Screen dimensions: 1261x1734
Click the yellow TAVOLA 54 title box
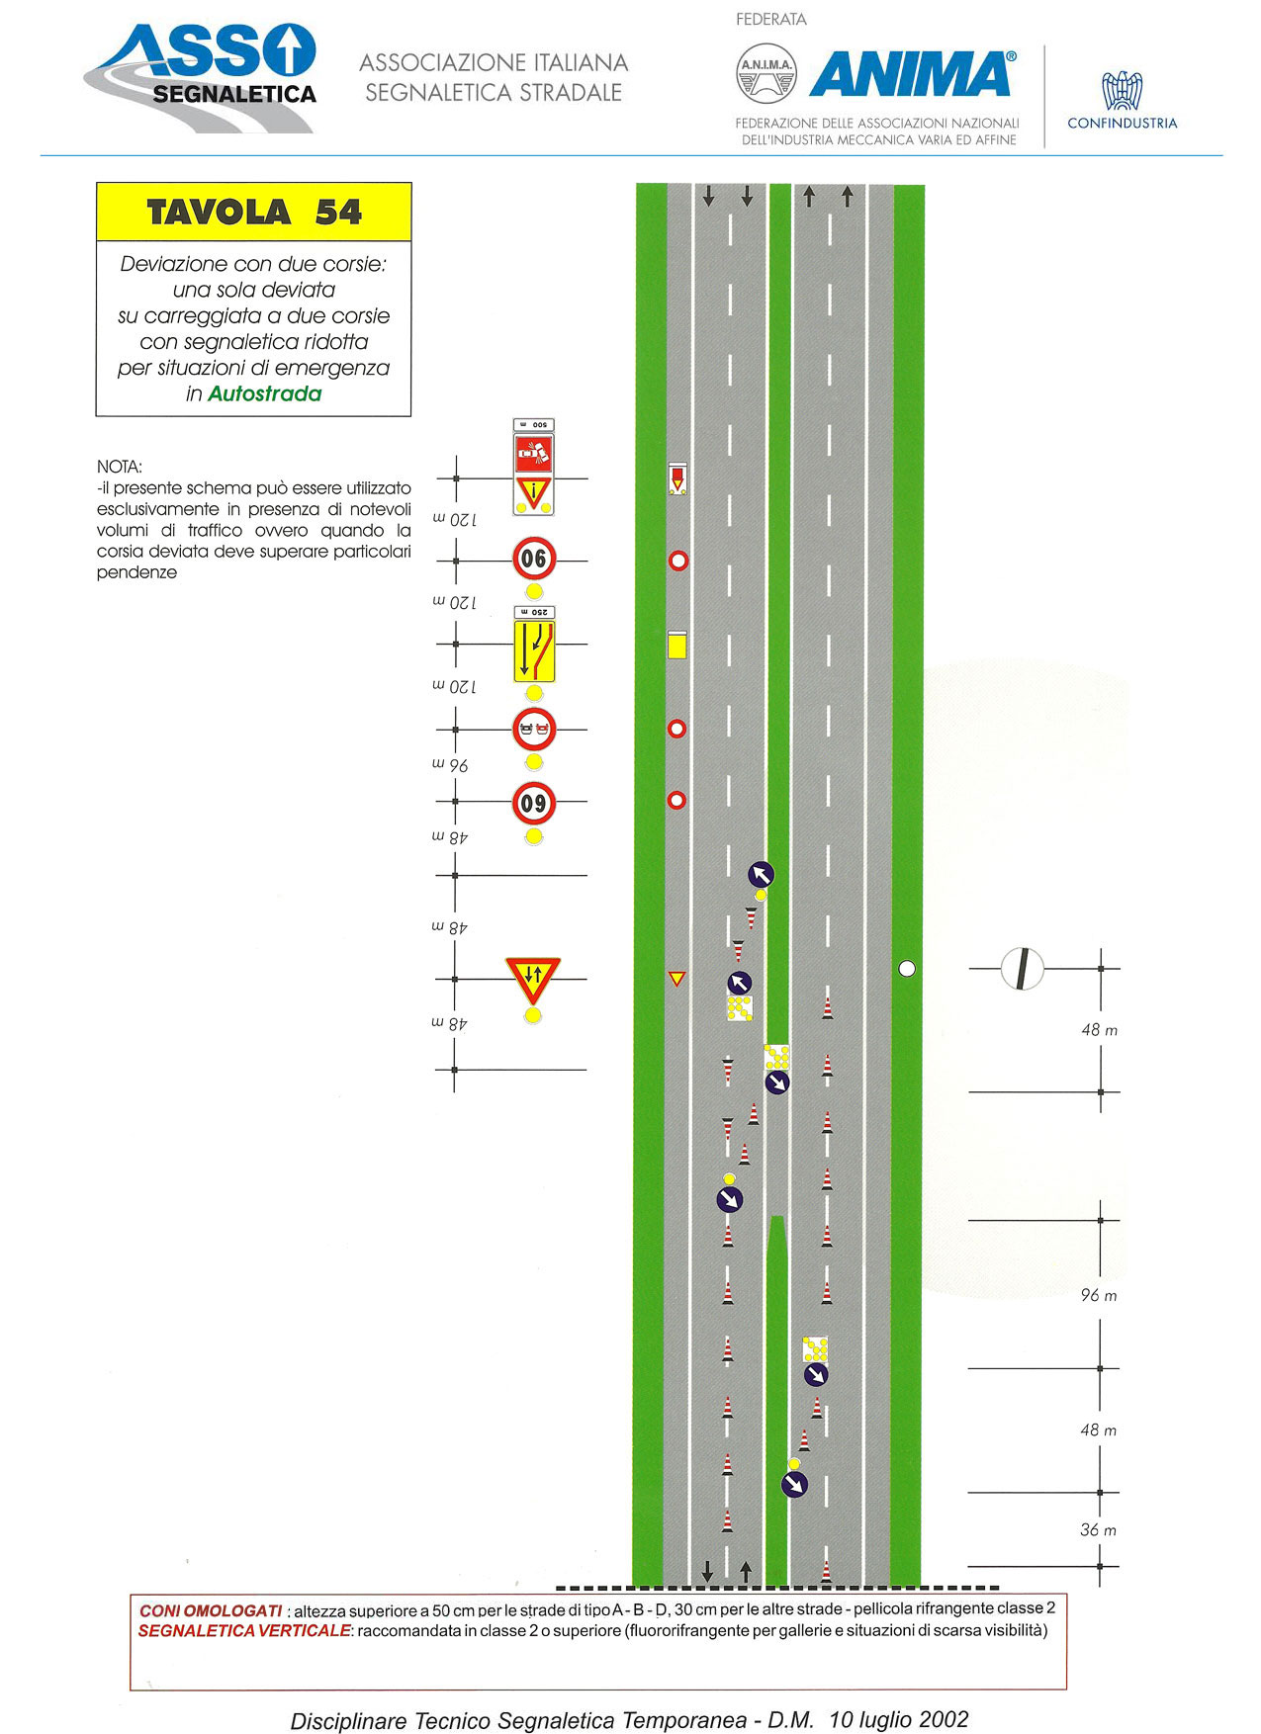pyautogui.click(x=253, y=212)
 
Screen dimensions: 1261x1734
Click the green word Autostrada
pyautogui.click(x=264, y=393)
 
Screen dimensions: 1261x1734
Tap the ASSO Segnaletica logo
pyautogui.click(x=201, y=77)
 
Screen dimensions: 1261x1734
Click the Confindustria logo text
pyautogui.click(x=1122, y=124)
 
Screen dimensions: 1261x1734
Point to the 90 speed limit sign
pyautogui.click(x=534, y=560)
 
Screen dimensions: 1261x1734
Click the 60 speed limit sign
pyautogui.click(x=534, y=804)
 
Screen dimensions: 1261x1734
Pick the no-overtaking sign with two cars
pyautogui.click(x=534, y=731)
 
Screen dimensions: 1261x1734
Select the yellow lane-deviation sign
pyautogui.click(x=534, y=650)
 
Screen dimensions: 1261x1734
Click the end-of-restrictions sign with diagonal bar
pyautogui.click(x=1023, y=969)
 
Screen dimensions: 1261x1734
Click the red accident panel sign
pyautogui.click(x=534, y=455)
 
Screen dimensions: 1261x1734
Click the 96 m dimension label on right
pyautogui.click(x=1099, y=1295)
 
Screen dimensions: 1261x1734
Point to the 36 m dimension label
pyautogui.click(x=1099, y=1529)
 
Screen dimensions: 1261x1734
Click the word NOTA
pyautogui.click(x=120, y=467)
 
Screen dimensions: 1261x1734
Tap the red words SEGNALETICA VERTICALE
pyautogui.click(x=244, y=1630)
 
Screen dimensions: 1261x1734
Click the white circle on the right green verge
pyautogui.click(x=907, y=969)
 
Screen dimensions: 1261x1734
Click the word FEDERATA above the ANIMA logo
pyautogui.click(x=771, y=20)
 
